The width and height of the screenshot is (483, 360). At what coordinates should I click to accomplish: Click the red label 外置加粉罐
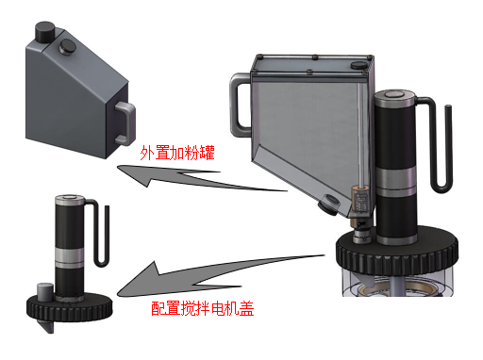178,152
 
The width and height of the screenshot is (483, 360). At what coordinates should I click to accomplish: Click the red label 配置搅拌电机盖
202,307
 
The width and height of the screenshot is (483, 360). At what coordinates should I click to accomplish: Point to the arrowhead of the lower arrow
129,286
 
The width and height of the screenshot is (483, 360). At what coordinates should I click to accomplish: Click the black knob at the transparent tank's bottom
326,201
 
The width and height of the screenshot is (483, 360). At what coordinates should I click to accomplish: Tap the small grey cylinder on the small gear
43,289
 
